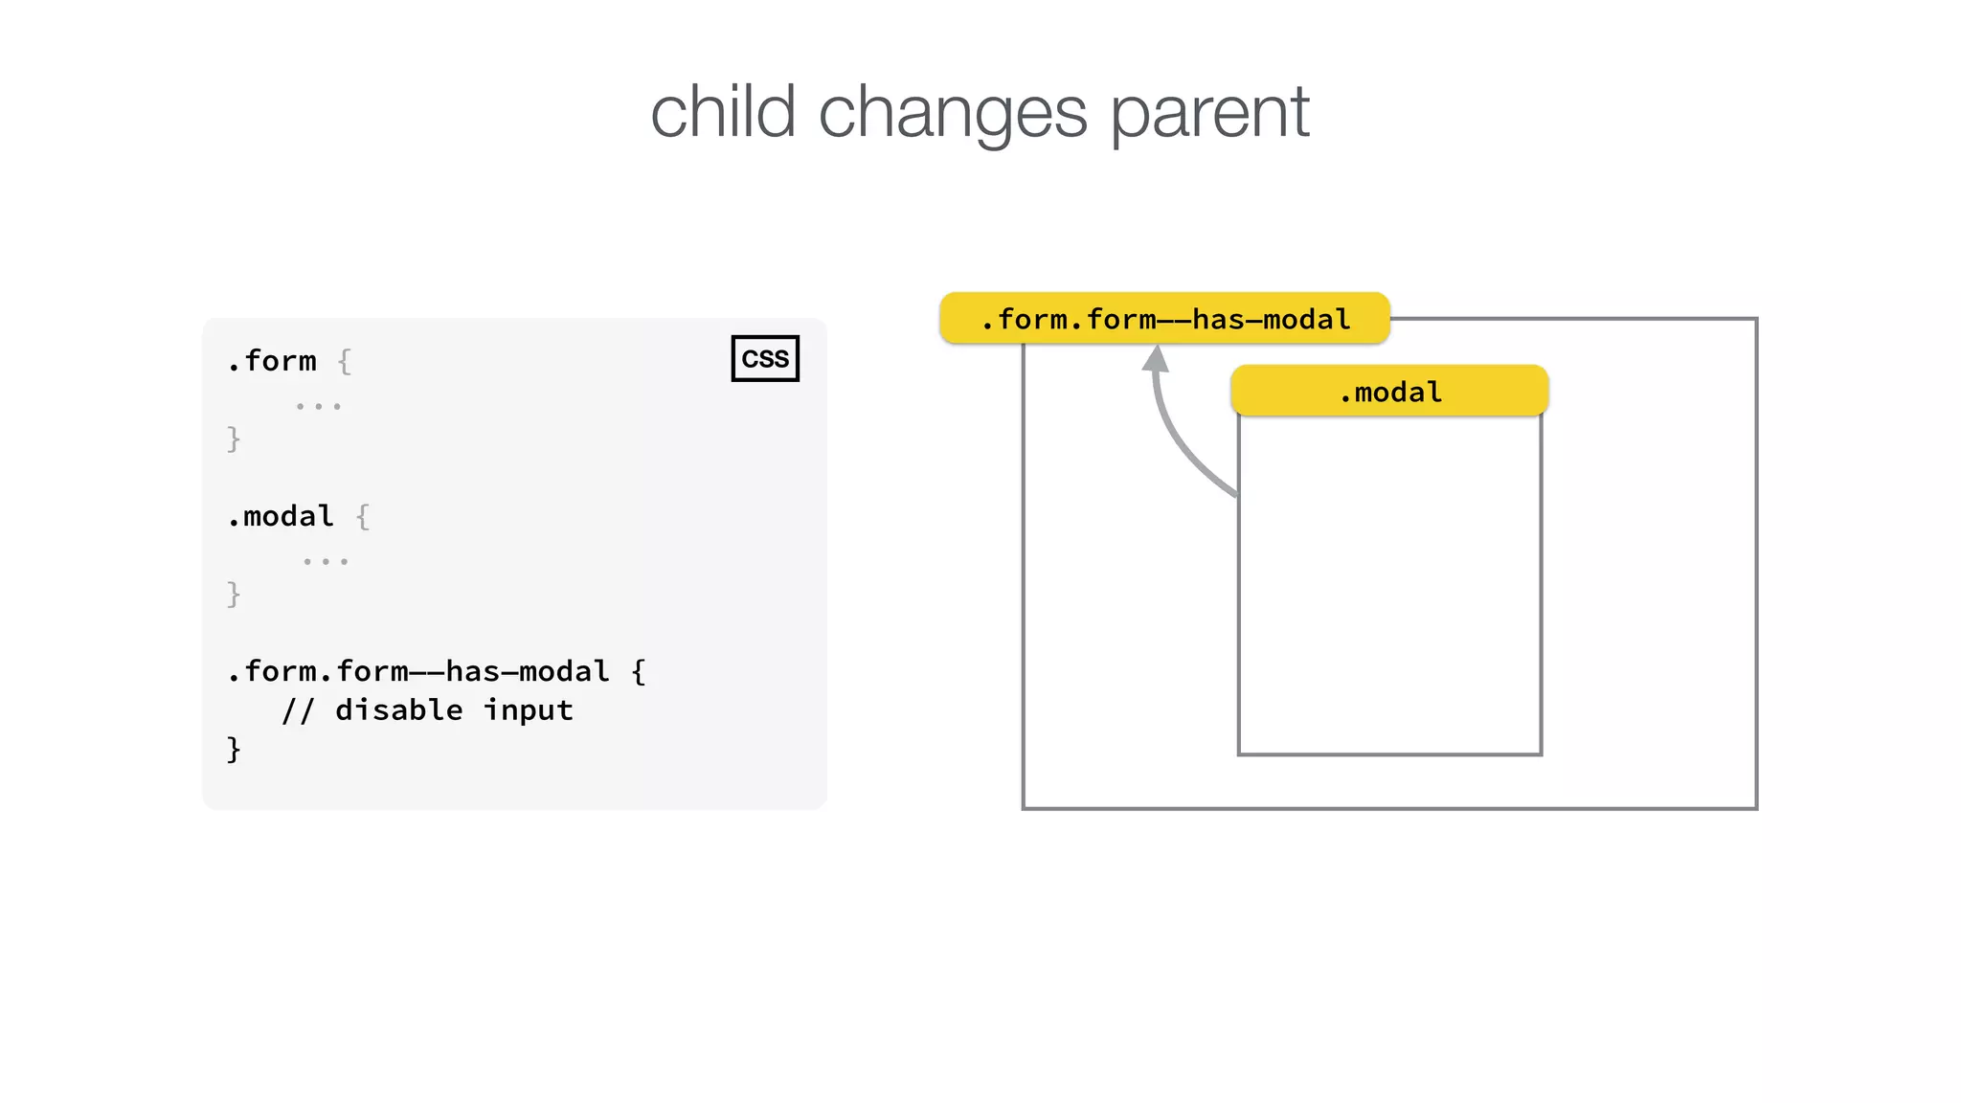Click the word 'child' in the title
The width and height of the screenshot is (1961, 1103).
pos(723,112)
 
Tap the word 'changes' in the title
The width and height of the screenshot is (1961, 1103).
pos(953,112)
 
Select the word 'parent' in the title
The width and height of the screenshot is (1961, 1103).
pos(1209,112)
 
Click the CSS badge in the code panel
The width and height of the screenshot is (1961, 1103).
pos(765,358)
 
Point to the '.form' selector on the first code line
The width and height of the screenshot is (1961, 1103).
pos(272,361)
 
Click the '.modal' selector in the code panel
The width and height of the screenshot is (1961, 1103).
pos(281,516)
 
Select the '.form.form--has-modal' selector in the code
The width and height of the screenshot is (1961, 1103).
pos(418,671)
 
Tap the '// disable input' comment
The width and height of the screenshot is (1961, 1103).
pos(427,710)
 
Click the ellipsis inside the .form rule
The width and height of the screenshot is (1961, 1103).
pos(318,407)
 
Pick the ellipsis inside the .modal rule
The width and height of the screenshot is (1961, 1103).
pos(326,562)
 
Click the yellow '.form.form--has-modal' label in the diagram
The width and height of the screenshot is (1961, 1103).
pos(1164,319)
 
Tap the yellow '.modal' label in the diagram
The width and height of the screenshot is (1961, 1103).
pos(1389,392)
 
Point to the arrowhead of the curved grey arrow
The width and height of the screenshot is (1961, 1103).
pos(1156,358)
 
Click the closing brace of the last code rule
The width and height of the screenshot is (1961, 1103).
pos(234,749)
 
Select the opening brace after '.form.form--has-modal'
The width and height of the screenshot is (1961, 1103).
pos(639,671)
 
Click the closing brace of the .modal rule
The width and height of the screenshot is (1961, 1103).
pos(234,594)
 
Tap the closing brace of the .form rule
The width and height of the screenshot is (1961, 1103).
pos(234,439)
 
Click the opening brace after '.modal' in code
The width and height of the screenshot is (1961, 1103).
pos(362,517)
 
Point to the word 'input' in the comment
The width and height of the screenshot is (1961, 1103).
pos(528,710)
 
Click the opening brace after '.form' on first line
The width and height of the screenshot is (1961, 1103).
pos(345,361)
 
